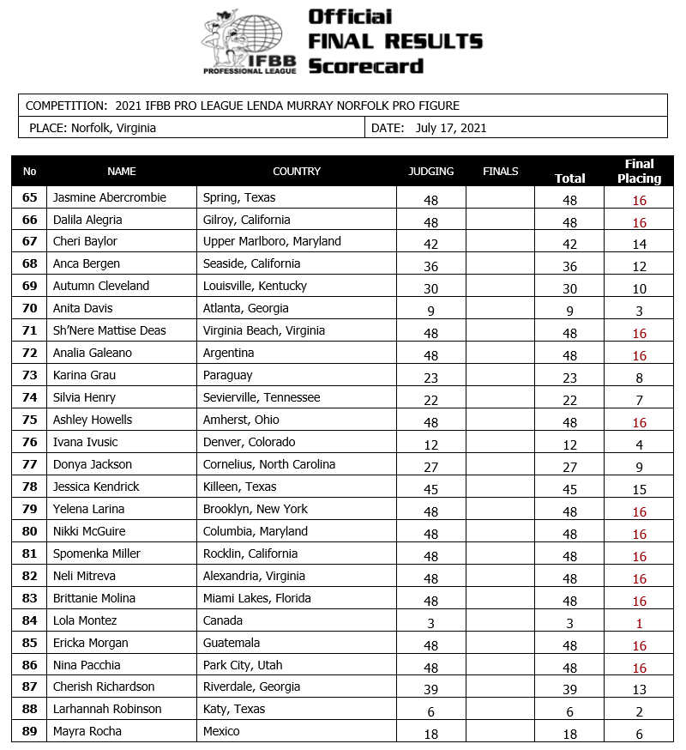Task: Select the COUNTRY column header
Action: (x=296, y=171)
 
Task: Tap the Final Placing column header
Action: (x=639, y=171)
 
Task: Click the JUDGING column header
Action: (x=430, y=171)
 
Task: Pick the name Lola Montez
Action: (x=85, y=620)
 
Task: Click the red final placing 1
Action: (x=639, y=624)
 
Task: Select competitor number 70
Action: (x=30, y=308)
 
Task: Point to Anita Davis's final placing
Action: (x=639, y=311)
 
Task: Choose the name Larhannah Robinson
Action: (x=107, y=710)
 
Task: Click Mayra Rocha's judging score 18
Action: (x=430, y=735)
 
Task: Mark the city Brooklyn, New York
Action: (x=255, y=509)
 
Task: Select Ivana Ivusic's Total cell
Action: (x=569, y=445)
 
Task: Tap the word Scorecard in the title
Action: (x=365, y=65)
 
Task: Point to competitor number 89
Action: (x=30, y=732)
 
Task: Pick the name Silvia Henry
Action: (x=84, y=397)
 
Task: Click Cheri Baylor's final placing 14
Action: (x=639, y=245)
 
